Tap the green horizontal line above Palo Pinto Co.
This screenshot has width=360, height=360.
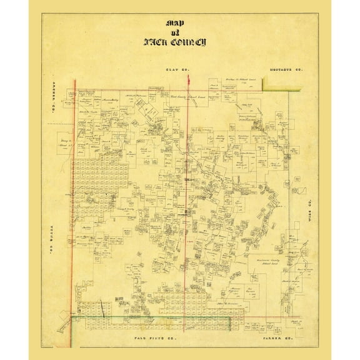[x=150, y=317]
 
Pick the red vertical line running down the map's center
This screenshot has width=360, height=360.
[x=189, y=187]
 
